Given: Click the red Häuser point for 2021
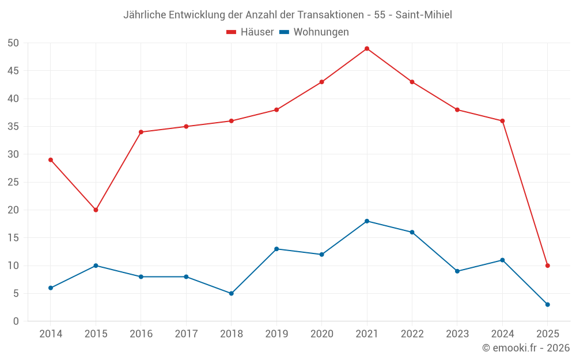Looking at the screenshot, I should click(x=367, y=48).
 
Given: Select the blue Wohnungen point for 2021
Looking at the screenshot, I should click(x=367, y=221).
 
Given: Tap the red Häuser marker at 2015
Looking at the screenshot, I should click(x=96, y=210).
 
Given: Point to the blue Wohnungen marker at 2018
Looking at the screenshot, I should click(x=231, y=293).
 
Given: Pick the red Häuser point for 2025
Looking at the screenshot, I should click(x=548, y=266).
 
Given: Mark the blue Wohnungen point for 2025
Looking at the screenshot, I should click(x=548, y=305).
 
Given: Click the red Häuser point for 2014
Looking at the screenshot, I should click(x=51, y=160).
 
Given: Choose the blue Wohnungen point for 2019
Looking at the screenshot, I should click(x=276, y=249).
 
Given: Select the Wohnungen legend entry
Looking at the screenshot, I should click(x=321, y=32).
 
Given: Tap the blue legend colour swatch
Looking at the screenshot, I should click(x=284, y=32).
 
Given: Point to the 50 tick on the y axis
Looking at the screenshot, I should click(x=13, y=43).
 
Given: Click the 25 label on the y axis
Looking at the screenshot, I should click(x=13, y=182).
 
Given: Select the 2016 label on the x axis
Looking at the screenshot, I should click(x=141, y=334).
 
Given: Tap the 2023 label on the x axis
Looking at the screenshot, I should click(x=457, y=334).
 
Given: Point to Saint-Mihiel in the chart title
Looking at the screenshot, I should click(x=423, y=15).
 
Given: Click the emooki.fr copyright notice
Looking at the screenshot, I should click(x=525, y=348).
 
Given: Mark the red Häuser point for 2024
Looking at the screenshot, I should click(x=502, y=121).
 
